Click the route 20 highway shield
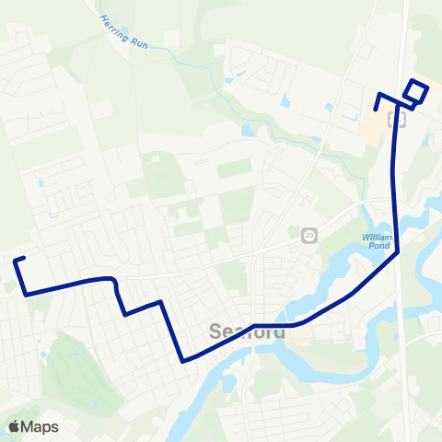[x=308, y=236]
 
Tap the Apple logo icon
[x=14, y=426]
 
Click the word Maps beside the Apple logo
[x=41, y=426]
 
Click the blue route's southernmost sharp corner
[x=183, y=360]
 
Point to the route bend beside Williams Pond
[x=398, y=251]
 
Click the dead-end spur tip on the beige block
[x=376, y=110]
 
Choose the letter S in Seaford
[x=218, y=332]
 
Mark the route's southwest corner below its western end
[x=27, y=294]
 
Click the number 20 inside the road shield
[x=308, y=236]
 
